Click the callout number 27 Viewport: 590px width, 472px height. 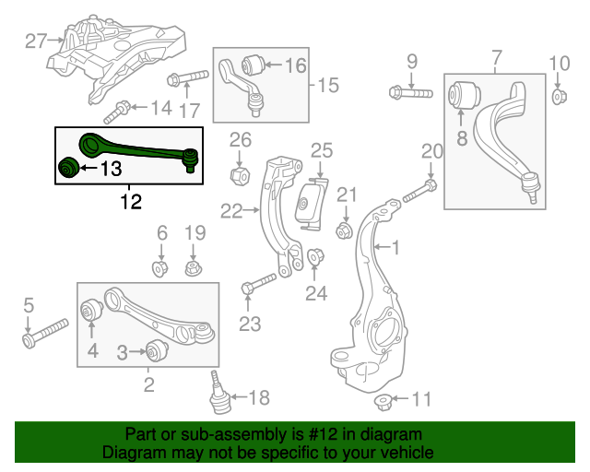click(36, 40)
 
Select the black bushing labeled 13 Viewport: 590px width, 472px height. click(66, 169)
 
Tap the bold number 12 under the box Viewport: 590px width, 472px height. click(131, 201)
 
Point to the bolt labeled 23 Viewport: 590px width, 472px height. click(261, 283)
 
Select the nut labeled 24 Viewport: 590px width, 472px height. click(313, 258)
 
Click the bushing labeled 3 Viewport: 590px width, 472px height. click(156, 351)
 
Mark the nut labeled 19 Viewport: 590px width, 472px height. click(194, 269)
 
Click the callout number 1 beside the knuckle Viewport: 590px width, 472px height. click(396, 247)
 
